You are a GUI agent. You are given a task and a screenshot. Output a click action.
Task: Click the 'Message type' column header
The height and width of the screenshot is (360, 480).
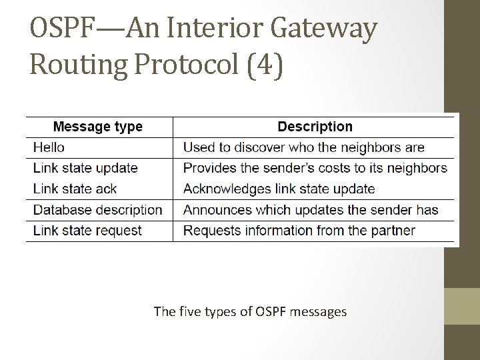[x=97, y=127]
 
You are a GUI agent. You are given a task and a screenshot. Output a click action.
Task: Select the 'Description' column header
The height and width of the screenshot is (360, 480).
[x=315, y=127]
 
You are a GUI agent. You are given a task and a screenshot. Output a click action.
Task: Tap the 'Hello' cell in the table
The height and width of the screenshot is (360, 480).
[x=49, y=147]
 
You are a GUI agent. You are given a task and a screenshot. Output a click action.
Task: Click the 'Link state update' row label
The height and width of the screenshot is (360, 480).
[x=85, y=168]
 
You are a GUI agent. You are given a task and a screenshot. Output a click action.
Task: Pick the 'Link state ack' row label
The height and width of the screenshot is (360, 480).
[x=75, y=189]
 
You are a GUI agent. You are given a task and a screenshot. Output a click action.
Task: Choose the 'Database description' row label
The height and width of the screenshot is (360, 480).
[x=98, y=210]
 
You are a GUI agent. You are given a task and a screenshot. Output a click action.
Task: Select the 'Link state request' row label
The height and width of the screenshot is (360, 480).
[x=87, y=231]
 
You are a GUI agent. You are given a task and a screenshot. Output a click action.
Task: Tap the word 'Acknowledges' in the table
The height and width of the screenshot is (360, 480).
[x=226, y=189]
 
